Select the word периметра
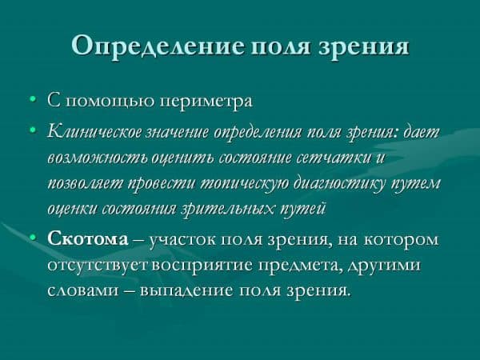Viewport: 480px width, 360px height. click(210, 102)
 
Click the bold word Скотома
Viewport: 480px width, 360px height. click(84, 238)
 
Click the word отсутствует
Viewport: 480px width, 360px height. click(99, 264)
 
